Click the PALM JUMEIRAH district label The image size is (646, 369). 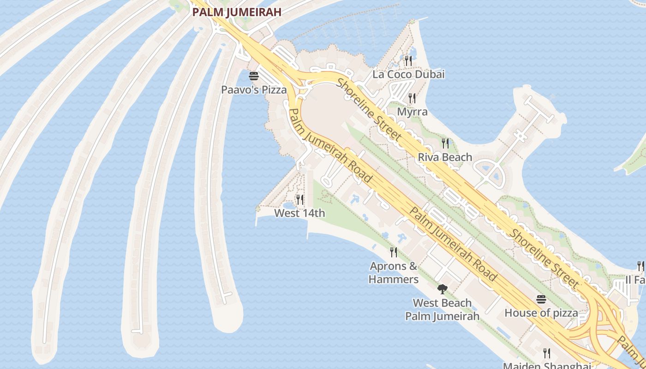(237, 12)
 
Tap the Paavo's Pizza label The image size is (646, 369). (254, 89)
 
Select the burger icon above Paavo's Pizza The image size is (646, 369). (253, 76)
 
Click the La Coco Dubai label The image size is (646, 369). (408, 74)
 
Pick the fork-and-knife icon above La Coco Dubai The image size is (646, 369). (408, 60)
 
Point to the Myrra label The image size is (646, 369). (412, 112)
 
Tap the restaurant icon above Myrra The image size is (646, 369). (412, 98)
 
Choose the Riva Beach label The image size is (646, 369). (445, 157)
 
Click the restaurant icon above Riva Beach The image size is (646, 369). (445, 143)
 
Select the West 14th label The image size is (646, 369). (299, 213)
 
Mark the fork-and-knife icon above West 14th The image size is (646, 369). (299, 199)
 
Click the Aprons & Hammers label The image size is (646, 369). (394, 273)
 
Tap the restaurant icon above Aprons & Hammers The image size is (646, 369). (393, 252)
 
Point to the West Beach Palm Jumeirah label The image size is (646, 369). (442, 309)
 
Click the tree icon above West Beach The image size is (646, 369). (442, 289)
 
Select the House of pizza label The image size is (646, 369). (541, 313)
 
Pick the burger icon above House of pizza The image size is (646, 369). (541, 299)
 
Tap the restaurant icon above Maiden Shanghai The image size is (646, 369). (546, 353)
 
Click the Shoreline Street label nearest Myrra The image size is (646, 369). (369, 109)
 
